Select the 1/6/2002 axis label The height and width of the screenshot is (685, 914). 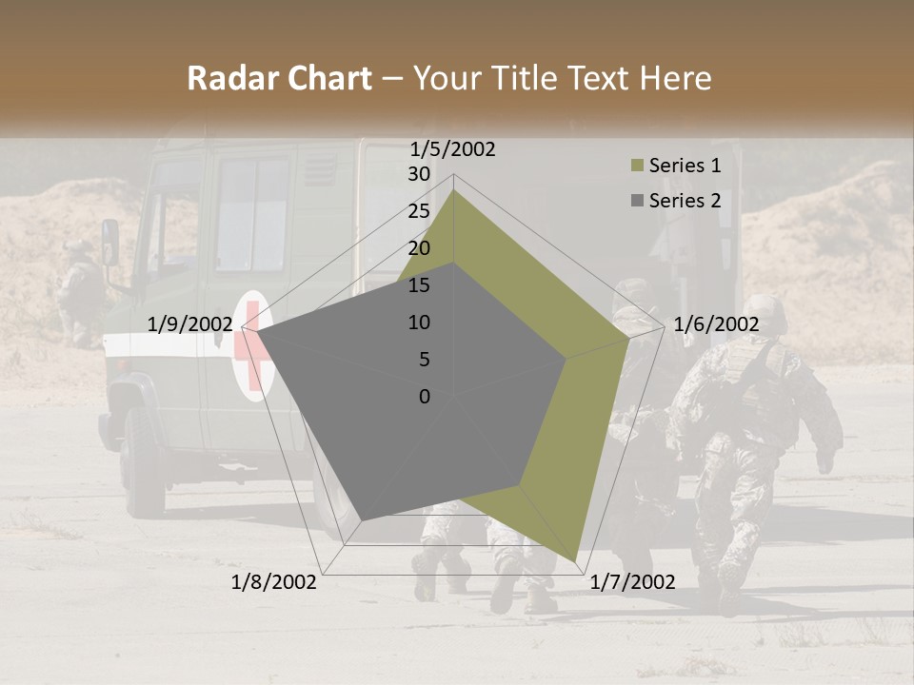(716, 324)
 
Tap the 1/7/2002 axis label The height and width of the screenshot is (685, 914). (632, 582)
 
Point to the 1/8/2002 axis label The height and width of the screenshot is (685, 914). (274, 582)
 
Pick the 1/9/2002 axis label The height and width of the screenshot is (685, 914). (189, 324)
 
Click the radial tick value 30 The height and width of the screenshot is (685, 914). (419, 174)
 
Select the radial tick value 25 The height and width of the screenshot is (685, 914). (419, 211)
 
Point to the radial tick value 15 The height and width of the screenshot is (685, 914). (419, 285)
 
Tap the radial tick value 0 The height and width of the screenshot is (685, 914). (425, 397)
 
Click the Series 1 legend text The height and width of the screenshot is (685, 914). (685, 166)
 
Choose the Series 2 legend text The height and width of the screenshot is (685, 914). (685, 201)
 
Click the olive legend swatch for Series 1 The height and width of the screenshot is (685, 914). (637, 166)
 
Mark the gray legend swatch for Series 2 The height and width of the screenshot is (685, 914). (637, 201)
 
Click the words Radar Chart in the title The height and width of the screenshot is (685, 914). (279, 79)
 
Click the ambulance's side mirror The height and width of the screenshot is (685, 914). (110, 243)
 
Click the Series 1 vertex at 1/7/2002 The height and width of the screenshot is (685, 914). (577, 560)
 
